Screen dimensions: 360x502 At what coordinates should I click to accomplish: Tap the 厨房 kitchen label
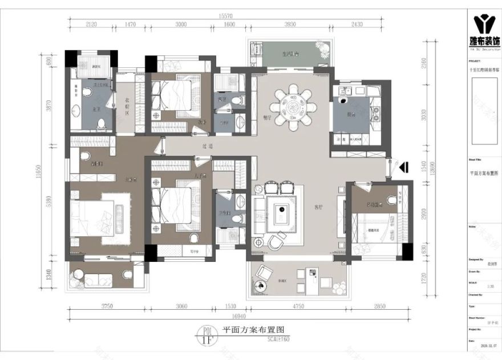pos(352,115)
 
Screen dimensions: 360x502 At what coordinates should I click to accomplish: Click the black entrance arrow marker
pos(402,167)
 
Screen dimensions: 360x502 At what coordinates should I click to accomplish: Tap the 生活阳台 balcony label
pos(290,54)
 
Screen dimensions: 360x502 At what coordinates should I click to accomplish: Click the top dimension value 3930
pos(290,25)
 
